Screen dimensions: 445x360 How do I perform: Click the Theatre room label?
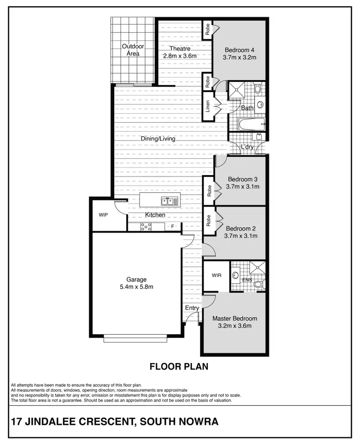(180, 48)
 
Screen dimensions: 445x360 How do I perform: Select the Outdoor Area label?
(133, 50)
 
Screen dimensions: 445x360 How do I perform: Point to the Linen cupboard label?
(208, 106)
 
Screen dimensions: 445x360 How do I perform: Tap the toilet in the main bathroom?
(257, 88)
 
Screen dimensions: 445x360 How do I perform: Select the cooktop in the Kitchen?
(146, 227)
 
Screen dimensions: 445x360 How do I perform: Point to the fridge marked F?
(172, 226)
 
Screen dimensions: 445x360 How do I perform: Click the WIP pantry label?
(103, 215)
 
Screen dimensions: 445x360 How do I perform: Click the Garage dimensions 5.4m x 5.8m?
(136, 287)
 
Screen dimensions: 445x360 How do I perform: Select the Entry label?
(192, 308)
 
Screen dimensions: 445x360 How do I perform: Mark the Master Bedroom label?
(235, 318)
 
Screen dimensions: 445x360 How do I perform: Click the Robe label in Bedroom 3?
(209, 191)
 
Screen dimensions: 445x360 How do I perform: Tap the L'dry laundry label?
(247, 147)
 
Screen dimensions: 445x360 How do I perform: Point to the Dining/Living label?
(158, 139)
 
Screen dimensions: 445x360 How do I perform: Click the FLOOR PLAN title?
(179, 367)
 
